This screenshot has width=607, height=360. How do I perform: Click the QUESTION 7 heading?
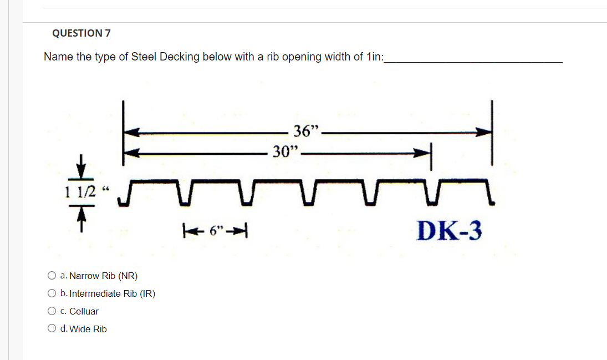[81, 33]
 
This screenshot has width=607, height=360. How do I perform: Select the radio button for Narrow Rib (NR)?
[52, 276]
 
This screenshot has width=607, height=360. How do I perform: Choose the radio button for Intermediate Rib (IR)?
[52, 293]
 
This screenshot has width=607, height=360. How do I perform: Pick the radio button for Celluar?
[52, 311]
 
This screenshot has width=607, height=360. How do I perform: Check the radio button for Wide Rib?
[52, 329]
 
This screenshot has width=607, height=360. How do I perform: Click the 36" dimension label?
[307, 132]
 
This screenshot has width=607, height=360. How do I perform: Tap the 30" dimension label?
[285, 151]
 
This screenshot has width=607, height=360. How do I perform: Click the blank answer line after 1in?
[473, 58]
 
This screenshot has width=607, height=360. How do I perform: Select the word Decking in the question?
[180, 57]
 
